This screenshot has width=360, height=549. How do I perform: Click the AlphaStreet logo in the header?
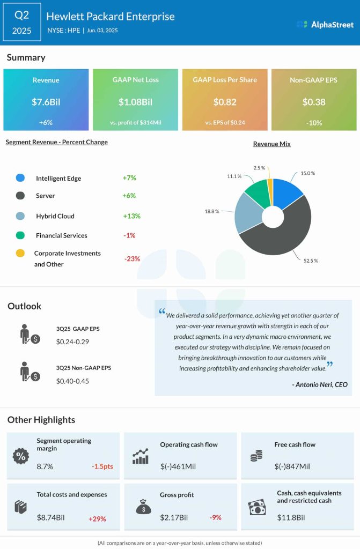(x=325, y=24)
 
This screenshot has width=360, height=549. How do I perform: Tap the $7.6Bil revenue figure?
(x=46, y=101)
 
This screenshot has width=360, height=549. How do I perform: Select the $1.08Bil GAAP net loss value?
(x=135, y=101)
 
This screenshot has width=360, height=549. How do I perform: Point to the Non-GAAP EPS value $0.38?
(x=313, y=101)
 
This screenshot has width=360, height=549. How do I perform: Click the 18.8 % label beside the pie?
(x=211, y=211)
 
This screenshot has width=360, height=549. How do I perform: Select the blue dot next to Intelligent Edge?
(x=20, y=177)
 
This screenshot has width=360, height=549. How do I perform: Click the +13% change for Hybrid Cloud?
(x=131, y=216)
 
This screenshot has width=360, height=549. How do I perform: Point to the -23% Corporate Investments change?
(x=132, y=258)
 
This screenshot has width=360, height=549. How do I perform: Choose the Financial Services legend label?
(x=62, y=235)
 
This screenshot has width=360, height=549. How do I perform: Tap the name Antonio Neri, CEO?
(x=320, y=384)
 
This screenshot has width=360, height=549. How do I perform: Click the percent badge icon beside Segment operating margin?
(x=20, y=456)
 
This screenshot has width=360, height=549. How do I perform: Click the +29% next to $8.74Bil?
(x=97, y=518)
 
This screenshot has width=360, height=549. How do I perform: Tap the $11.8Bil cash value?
(x=291, y=517)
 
